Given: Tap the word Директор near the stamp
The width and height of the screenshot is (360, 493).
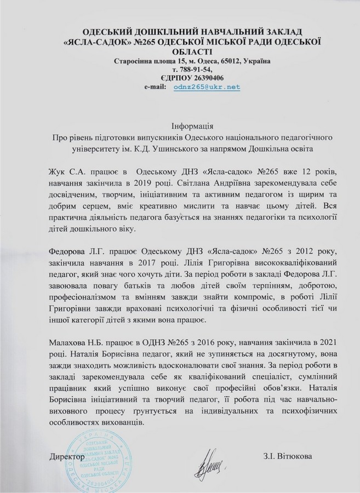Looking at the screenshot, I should pos(67,456).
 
